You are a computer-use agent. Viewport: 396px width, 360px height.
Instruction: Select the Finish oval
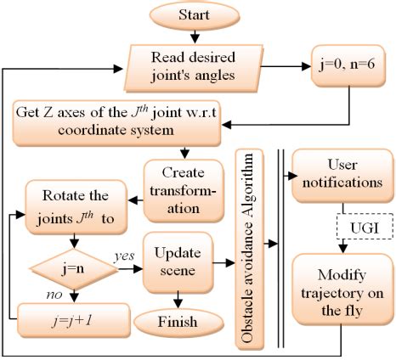176,322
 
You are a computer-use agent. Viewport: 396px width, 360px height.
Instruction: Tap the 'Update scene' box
178,262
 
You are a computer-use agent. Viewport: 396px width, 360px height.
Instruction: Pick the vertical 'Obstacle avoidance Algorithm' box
249,244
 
